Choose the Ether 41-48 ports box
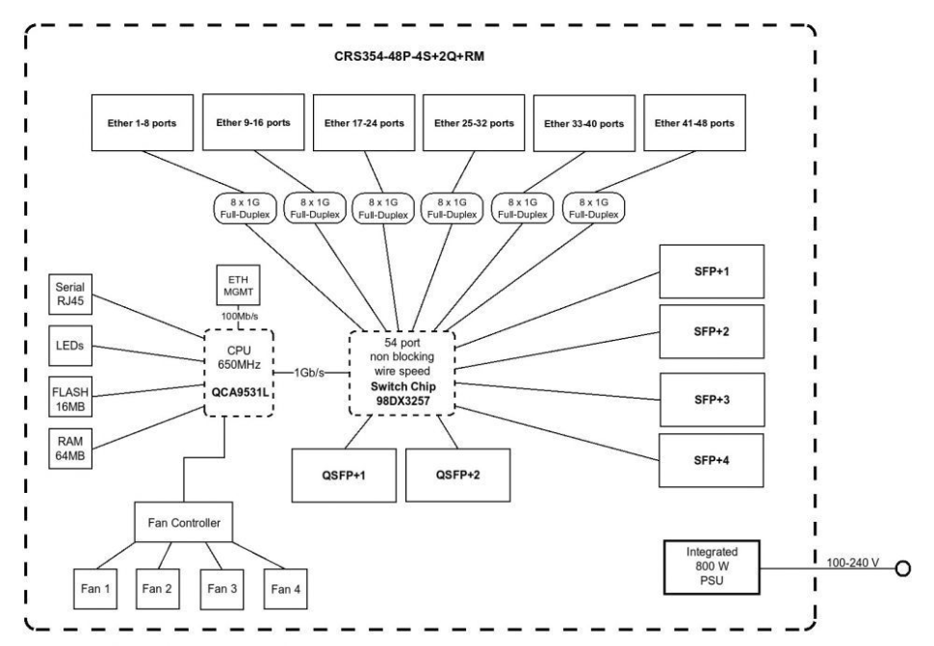(695, 122)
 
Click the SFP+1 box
(712, 272)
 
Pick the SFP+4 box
(712, 461)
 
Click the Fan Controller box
(184, 523)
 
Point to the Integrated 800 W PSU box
(711, 567)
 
